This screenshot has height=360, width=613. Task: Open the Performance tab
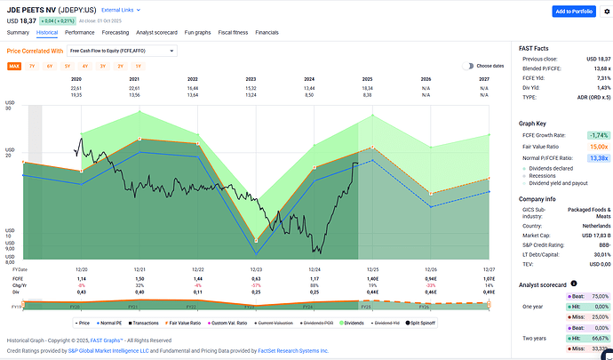[x=79, y=32]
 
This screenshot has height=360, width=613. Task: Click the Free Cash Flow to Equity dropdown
[x=122, y=51]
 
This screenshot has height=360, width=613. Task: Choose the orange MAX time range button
[x=14, y=66]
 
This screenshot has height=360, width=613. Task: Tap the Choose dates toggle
[x=484, y=66]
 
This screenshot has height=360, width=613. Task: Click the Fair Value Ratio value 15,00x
[x=595, y=146]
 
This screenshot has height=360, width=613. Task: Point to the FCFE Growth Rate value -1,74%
[x=594, y=134]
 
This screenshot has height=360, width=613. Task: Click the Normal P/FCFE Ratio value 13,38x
[x=595, y=157]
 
